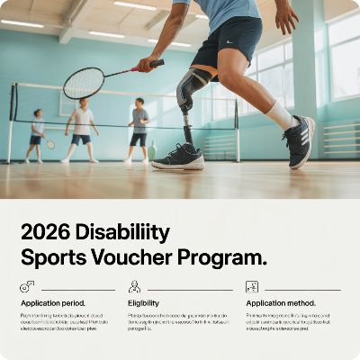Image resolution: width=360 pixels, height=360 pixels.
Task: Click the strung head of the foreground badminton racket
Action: point(84,83)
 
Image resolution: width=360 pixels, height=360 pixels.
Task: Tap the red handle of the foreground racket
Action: point(148,66)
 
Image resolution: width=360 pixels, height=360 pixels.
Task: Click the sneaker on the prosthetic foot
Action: point(179,157)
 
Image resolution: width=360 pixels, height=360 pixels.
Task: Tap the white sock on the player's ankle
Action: point(280,115)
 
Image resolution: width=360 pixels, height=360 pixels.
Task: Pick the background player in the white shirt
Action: point(82,127)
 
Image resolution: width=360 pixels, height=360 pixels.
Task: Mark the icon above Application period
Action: point(27,286)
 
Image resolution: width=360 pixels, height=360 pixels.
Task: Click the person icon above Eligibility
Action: point(134,286)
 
